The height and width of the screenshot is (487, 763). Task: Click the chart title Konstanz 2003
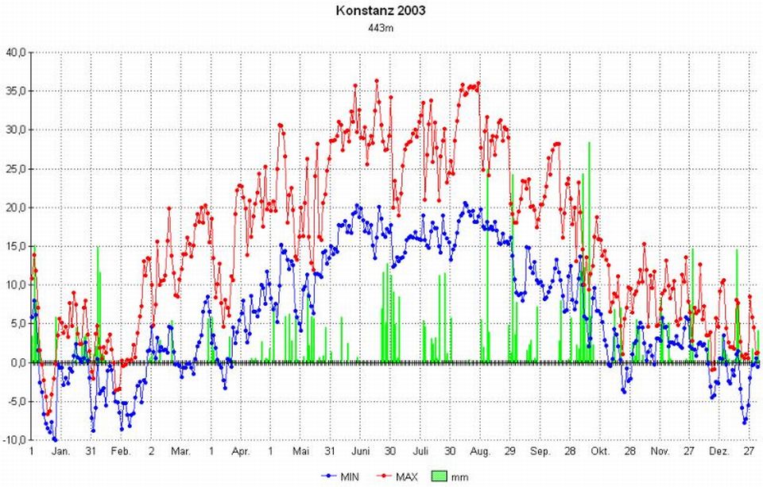[x=381, y=11]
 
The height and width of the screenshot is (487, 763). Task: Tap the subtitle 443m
[x=381, y=27]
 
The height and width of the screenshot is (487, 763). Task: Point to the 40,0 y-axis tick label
[x=16, y=52]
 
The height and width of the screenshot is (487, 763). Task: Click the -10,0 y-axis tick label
[x=15, y=440]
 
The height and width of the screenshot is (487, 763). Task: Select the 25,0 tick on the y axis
[x=16, y=168]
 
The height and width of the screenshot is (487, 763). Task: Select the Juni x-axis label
[x=361, y=451]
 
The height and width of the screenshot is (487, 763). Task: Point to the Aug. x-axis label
[x=481, y=451]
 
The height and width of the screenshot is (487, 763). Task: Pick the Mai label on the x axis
[x=300, y=451]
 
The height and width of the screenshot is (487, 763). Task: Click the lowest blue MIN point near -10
[x=55, y=439]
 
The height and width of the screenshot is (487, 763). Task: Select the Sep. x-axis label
[x=540, y=451]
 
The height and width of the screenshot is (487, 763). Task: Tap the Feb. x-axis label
[x=121, y=451]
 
